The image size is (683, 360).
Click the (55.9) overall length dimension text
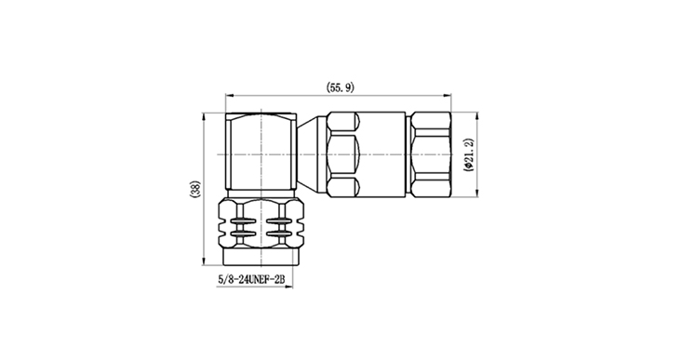coord(341,87)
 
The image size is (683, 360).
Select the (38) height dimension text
coord(194,190)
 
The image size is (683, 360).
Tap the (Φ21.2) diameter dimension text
coord(469,154)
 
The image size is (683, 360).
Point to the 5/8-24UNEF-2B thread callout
coord(251,280)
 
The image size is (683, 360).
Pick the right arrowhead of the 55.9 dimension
coord(447,95)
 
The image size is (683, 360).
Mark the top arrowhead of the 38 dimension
coord(204,117)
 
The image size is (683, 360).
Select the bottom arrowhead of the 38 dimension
coord(204,260)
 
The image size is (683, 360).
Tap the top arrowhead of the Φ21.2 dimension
coord(477,116)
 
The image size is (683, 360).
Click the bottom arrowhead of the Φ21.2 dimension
coord(477,193)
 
